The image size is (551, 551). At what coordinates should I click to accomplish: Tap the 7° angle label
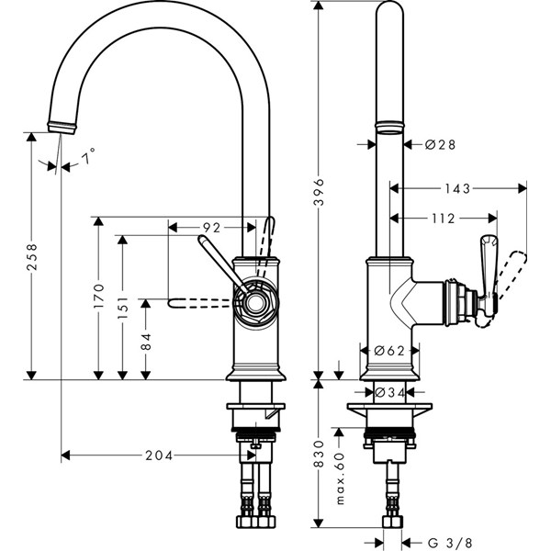(x=88, y=159)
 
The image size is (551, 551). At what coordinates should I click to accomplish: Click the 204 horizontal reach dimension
(x=161, y=454)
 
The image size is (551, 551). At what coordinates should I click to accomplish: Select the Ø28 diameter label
(x=441, y=144)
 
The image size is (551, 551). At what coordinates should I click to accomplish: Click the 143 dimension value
(x=457, y=188)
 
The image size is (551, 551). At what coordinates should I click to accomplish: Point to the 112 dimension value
(x=443, y=219)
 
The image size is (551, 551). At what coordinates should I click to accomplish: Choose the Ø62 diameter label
(x=391, y=350)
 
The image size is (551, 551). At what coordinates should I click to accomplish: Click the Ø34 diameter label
(x=391, y=393)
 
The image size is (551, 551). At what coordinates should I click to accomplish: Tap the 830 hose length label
(x=318, y=453)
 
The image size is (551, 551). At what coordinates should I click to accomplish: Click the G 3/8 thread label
(x=451, y=542)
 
